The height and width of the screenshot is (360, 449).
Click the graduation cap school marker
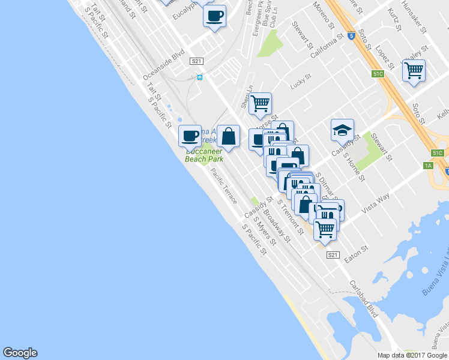coord(342,130)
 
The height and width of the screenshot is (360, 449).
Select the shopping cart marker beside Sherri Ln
coord(260,103)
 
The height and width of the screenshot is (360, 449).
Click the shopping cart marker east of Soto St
coord(414,70)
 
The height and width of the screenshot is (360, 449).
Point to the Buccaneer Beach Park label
coord(204,155)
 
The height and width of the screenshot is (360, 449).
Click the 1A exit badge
coord(428,165)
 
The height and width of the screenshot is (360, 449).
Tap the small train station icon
coord(200,77)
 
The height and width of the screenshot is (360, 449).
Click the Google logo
coord(20,353)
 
